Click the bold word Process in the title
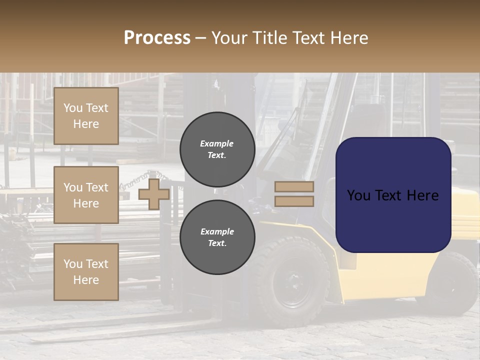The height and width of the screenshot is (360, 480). [157, 37]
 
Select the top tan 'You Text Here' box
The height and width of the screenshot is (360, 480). [86, 116]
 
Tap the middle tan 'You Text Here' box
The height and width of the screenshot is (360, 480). [86, 195]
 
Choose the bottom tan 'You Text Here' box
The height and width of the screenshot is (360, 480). [86, 271]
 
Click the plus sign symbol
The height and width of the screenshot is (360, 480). [154, 194]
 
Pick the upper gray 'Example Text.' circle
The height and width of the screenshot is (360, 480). [217, 149]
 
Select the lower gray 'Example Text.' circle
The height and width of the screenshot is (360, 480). [217, 237]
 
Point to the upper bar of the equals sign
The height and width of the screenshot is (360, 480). [294, 187]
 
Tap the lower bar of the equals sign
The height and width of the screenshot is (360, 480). [294, 201]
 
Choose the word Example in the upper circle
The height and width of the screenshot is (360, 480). [217, 143]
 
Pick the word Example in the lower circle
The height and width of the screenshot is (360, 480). [217, 231]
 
